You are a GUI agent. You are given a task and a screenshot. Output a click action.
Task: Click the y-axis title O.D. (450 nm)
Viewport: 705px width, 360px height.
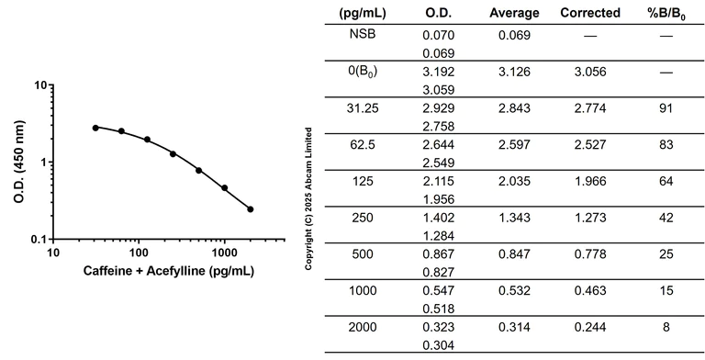tap(17, 161)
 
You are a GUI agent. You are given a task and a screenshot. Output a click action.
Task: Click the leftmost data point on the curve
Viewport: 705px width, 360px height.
tap(95, 128)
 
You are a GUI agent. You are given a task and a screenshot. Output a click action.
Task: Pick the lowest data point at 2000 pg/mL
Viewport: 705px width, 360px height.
tap(250, 209)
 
